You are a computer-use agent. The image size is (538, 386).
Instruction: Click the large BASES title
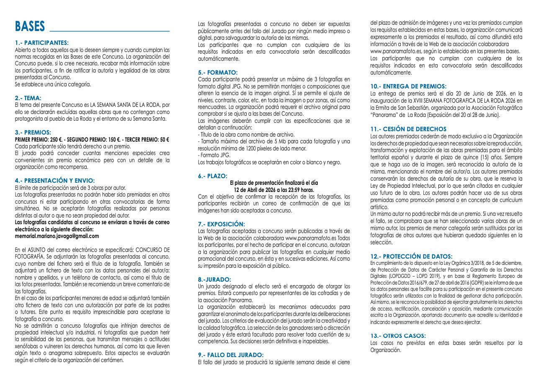point(30,27)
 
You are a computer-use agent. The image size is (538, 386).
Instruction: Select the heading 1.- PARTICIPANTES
point(41,43)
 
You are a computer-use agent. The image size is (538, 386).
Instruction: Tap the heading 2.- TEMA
point(28,98)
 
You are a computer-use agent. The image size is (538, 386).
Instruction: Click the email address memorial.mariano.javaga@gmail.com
point(57,236)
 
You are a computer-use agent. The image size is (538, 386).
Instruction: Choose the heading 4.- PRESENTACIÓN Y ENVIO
point(54,180)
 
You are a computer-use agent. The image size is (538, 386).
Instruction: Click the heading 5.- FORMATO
point(218,73)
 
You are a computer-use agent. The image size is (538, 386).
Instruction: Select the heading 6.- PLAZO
point(213,176)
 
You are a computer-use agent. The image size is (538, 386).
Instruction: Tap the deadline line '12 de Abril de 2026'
point(274,189)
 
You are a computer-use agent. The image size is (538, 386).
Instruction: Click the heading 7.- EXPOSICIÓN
point(221,224)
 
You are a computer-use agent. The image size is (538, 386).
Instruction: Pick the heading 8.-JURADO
point(214,279)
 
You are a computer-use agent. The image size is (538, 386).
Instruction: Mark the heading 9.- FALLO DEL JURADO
point(231,355)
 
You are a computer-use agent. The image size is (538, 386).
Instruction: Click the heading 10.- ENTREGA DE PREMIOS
point(408,86)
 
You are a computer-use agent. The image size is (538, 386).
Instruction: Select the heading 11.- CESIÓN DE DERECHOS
point(409,129)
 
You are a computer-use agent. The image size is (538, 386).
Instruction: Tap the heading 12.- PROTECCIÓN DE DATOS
point(411,256)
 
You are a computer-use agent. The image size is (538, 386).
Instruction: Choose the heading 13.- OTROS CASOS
point(398,336)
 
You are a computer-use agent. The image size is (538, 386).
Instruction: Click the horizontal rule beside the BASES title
point(110,31)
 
